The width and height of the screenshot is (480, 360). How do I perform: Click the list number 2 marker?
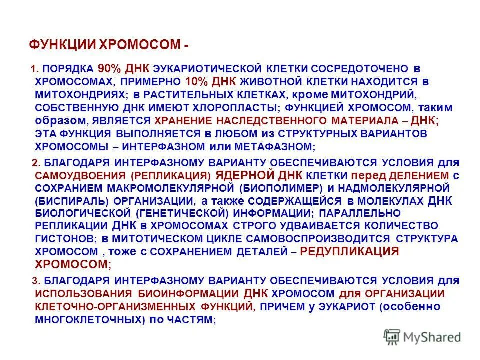[x=35, y=163]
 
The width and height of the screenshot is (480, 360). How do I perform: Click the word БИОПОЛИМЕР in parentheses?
[x=278, y=188]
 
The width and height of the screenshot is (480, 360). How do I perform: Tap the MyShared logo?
[x=422, y=337]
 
